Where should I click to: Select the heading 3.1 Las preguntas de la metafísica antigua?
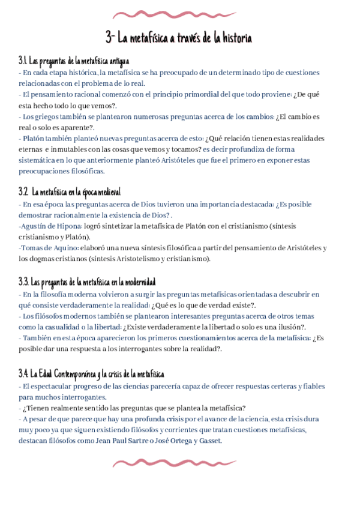[x=74, y=61]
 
